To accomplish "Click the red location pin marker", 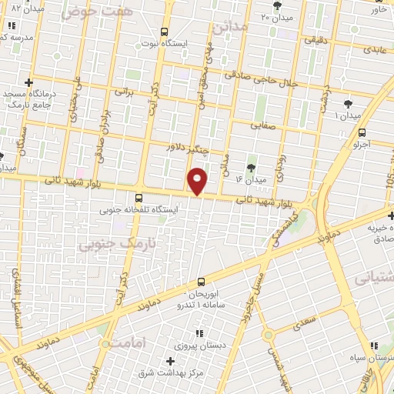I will coord(197,180).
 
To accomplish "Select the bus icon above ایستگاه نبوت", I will coord(164,32).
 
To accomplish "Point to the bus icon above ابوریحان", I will coord(202,282).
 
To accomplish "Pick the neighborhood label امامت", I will coord(127,342).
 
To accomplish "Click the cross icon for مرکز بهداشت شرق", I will coord(170,361).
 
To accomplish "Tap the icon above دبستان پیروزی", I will coord(199,333).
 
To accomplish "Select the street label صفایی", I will coord(264,123).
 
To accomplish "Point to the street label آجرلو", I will coord(362,144).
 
